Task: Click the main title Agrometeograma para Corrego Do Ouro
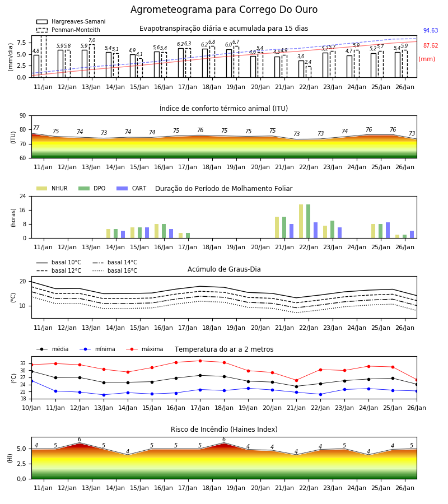[x=224, y=10]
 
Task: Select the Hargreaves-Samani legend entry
[x=71, y=21]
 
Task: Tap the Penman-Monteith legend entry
[x=68, y=30]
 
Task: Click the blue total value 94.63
[x=431, y=31]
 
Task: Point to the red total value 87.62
[x=431, y=46]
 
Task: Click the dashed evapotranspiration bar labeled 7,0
[x=92, y=60]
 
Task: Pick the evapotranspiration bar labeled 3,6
[x=301, y=69]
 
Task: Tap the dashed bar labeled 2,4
[x=309, y=72]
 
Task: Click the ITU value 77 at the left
[x=36, y=128]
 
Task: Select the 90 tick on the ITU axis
[x=23, y=116]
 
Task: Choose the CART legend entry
[x=132, y=188]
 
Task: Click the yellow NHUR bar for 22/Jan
[x=301, y=221]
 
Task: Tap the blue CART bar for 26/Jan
[x=412, y=234]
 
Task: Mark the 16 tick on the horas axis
[x=23, y=210]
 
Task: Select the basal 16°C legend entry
[x=115, y=270]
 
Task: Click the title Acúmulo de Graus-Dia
[x=224, y=269]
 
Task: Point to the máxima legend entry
[x=144, y=349]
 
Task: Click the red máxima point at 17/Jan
[x=200, y=361]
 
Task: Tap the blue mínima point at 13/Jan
[x=104, y=395]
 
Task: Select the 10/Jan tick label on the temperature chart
[x=31, y=408]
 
